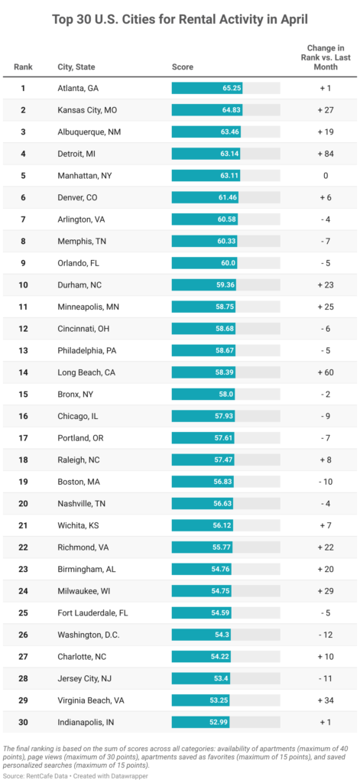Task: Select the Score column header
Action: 181,67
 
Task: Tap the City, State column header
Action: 76,67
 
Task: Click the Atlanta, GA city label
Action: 78,88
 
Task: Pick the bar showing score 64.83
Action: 208,110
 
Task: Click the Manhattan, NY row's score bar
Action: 206,175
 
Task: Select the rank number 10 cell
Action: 23,284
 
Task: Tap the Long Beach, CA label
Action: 87,372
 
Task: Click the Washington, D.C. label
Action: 89,635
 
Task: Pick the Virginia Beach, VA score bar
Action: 199,700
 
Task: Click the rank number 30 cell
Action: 23,722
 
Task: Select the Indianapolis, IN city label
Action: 85,722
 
